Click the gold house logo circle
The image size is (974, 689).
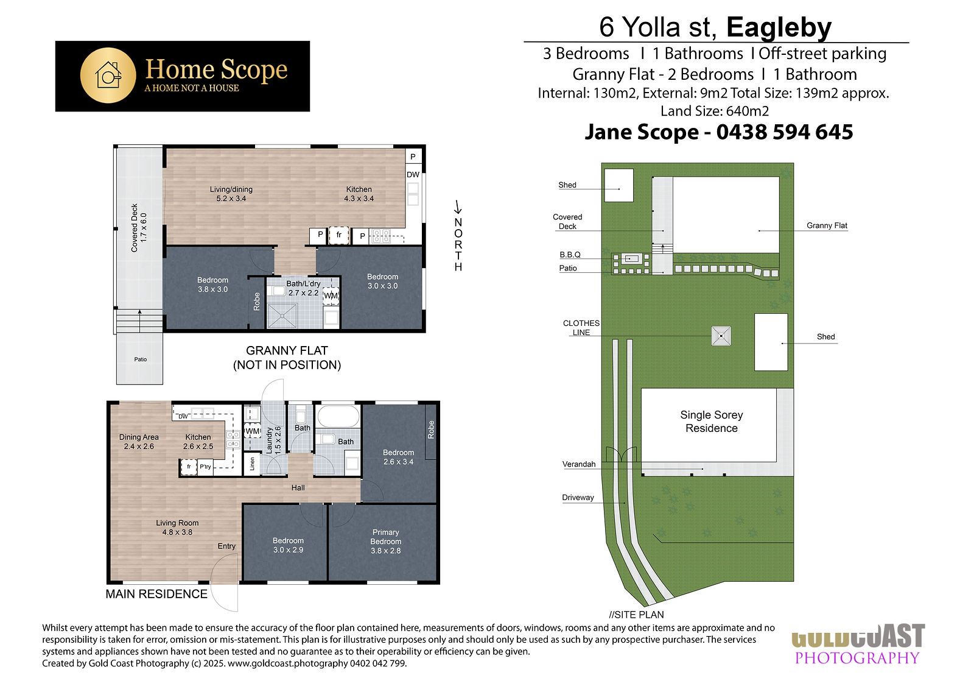[108, 76]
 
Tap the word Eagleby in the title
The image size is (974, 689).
[779, 28]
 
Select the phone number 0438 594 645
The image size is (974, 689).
[785, 132]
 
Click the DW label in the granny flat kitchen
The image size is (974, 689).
[413, 175]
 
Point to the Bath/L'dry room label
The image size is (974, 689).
[304, 288]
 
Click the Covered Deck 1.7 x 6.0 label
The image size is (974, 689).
[139, 228]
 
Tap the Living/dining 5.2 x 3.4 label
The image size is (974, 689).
[231, 194]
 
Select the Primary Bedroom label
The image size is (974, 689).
[386, 541]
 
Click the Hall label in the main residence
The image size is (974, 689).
[298, 488]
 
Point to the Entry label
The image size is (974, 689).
[226, 546]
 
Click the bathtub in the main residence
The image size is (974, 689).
[338, 417]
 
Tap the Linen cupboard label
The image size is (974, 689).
[252, 464]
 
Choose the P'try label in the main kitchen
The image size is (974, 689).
[205, 467]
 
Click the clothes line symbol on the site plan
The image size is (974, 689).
[721, 336]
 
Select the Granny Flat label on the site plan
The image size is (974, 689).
[827, 225]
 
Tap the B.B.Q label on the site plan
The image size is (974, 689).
[570, 255]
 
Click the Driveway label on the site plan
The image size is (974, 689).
[578, 498]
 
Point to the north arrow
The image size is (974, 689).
[457, 207]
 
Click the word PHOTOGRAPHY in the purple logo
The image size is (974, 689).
[857, 658]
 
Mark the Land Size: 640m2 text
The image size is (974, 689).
[715, 111]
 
